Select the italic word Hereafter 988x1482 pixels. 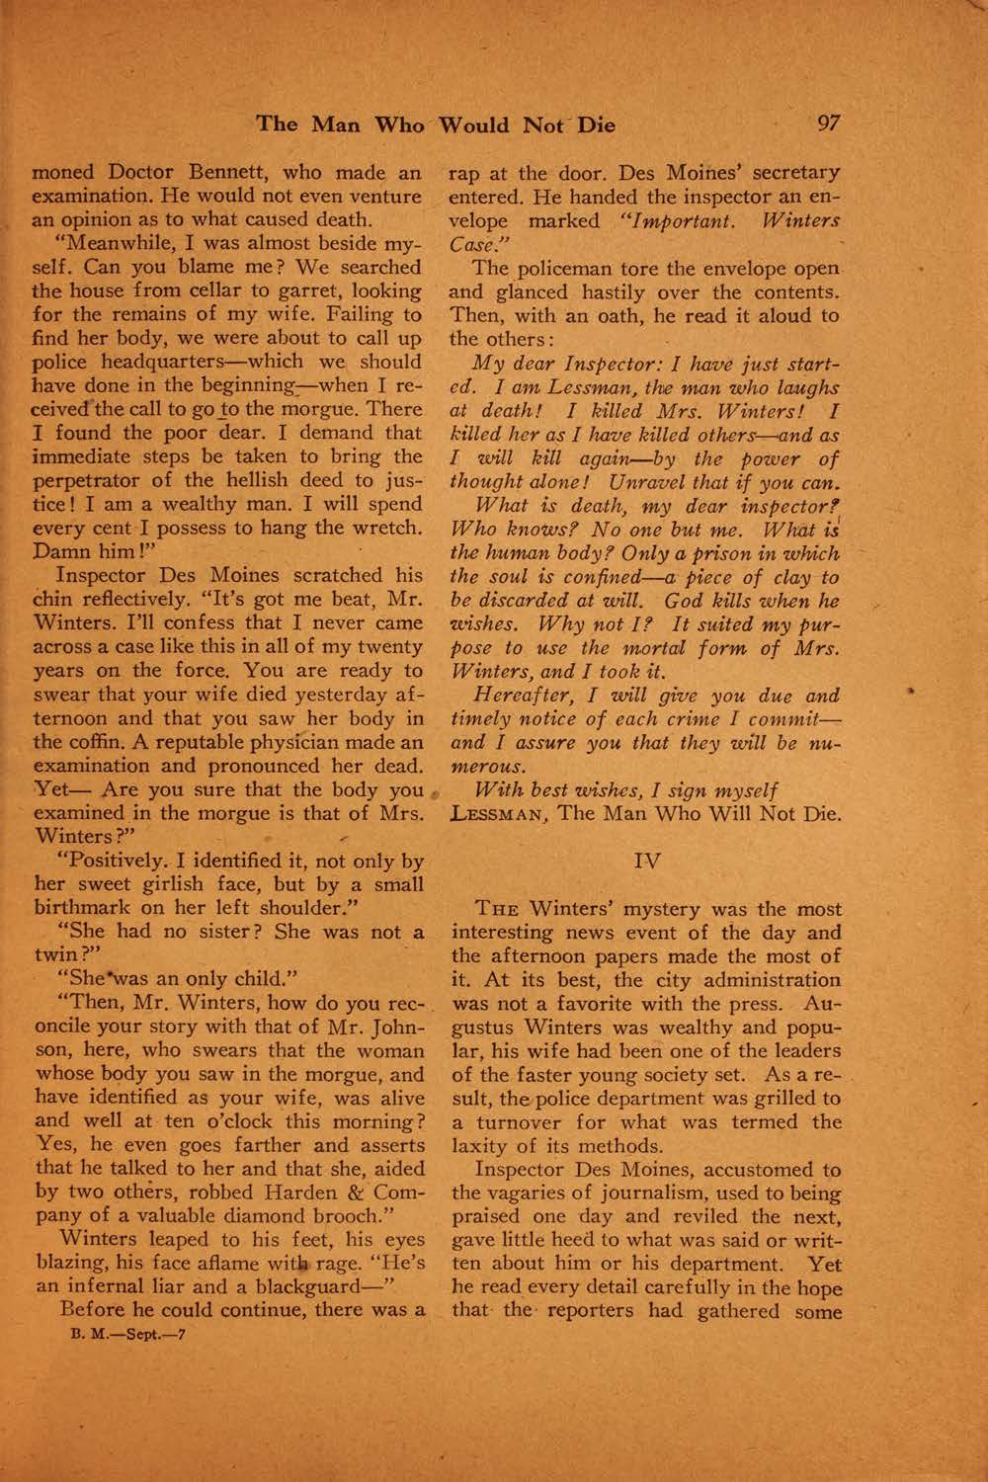click(525, 695)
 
